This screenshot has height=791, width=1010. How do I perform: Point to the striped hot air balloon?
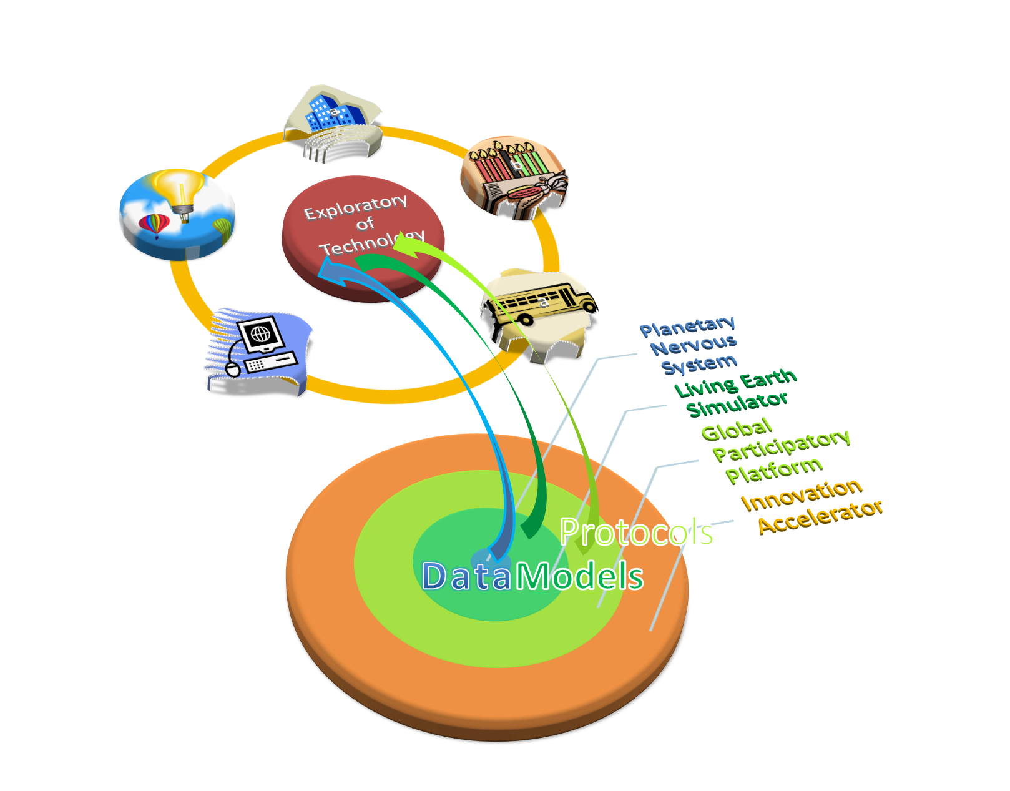coord(154,225)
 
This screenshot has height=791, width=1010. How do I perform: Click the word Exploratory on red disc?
coord(355,207)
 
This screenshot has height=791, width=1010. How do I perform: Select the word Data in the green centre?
coord(466,576)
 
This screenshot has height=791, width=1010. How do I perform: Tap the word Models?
coord(579,576)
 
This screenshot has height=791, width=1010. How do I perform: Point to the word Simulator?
coord(737,403)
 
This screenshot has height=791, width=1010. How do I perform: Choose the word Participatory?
coord(782,445)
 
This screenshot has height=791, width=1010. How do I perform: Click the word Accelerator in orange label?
coord(820,517)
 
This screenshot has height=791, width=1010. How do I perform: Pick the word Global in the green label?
coord(737,429)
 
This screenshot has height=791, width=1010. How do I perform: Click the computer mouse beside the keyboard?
coord(233,370)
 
